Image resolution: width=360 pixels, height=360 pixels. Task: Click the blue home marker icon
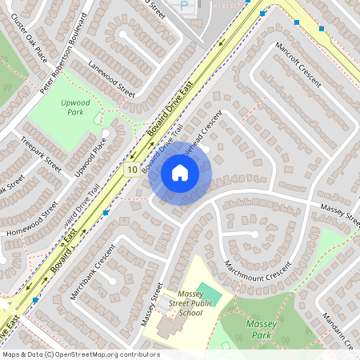point(180,173)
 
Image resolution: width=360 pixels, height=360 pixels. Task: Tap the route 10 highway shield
point(131,170)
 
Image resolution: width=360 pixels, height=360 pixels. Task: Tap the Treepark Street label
point(42,159)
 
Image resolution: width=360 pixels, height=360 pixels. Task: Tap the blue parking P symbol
point(183,6)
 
